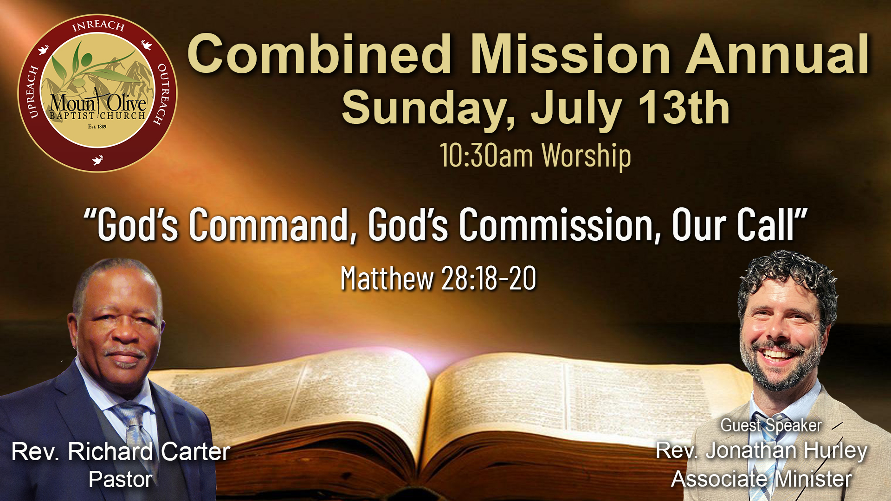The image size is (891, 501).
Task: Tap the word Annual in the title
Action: (x=778, y=54)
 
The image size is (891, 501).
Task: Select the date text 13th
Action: (x=684, y=108)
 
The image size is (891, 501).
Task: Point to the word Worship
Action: (x=587, y=156)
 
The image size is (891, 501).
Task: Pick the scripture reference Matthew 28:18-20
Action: (x=438, y=278)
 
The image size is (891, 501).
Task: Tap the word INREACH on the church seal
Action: (x=98, y=26)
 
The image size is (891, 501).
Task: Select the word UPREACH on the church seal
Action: (x=32, y=92)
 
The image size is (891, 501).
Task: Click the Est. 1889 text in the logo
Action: (x=97, y=127)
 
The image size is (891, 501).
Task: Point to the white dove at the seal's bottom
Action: (x=97, y=161)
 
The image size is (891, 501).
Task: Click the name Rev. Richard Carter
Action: (x=121, y=452)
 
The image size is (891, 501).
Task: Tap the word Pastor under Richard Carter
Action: (x=121, y=480)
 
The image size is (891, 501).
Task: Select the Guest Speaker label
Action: (x=771, y=425)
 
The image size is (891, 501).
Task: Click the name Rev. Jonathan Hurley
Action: (x=762, y=450)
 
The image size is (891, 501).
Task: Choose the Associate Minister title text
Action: (x=762, y=479)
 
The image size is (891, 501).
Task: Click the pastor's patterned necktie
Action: (x=136, y=431)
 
